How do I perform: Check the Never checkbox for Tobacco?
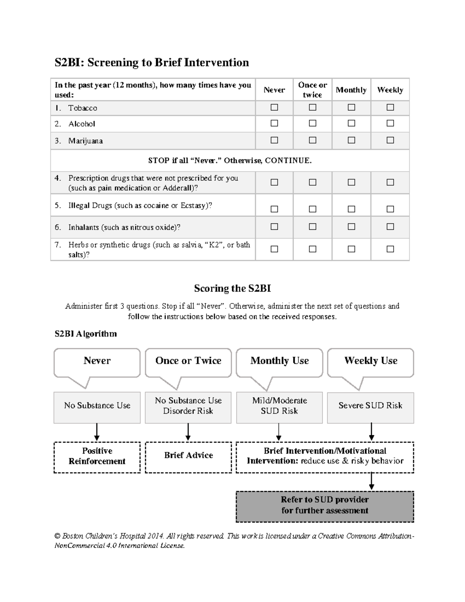(274, 107)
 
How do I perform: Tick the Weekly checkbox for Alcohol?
(390, 123)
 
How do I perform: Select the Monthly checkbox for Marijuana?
(351, 140)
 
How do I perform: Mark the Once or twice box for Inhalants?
(313, 226)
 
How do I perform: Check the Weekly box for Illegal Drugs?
(390, 209)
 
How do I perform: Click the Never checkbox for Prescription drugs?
(274, 182)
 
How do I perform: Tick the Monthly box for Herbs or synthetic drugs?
(351, 249)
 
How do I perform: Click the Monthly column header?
(351, 90)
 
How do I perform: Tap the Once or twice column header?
(312, 90)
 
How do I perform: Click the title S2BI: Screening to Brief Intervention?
(152, 62)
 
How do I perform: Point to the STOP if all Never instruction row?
(230, 160)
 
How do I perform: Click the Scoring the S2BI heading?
(232, 288)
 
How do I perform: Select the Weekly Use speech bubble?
(370, 361)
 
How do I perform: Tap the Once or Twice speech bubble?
(188, 361)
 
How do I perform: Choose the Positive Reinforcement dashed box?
(97, 457)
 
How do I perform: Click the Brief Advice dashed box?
(188, 457)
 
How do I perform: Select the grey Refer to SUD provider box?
(325, 506)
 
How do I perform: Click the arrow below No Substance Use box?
(97, 432)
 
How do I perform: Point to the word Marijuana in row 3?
(86, 141)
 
